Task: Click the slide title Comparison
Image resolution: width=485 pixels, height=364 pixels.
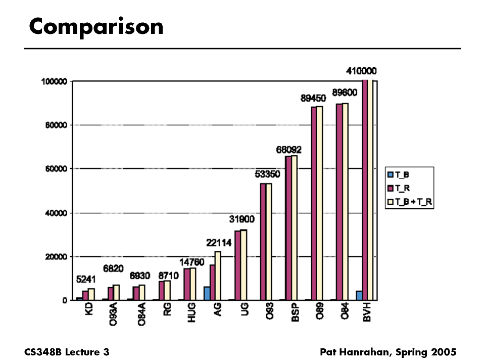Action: pyautogui.click(x=96, y=26)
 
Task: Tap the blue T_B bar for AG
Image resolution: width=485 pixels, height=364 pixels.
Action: pyautogui.click(x=207, y=293)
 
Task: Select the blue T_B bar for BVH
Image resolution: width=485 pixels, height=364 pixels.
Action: pyautogui.click(x=359, y=295)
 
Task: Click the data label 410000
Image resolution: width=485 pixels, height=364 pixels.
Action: pyautogui.click(x=361, y=71)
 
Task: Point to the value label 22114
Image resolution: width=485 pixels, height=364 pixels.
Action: pyautogui.click(x=219, y=243)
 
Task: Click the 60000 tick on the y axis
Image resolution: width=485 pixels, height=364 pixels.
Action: pyautogui.click(x=56, y=169)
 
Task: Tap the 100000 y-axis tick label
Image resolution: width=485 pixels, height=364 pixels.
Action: pyautogui.click(x=55, y=81)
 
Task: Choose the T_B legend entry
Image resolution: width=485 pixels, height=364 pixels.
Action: pyautogui.click(x=402, y=175)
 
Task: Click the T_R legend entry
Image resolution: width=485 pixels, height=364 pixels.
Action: pyautogui.click(x=402, y=188)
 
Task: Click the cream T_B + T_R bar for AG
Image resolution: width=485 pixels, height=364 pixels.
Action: pyautogui.click(x=218, y=276)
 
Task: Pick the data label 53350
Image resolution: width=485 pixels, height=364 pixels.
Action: pyautogui.click(x=268, y=175)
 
